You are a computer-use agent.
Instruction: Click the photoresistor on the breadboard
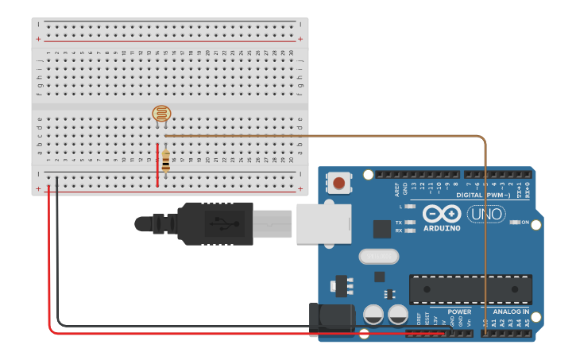pyautogui.click(x=161, y=114)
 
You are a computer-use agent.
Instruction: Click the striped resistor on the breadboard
pyautogui.click(x=165, y=161)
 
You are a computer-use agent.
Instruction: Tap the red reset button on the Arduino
pyautogui.click(x=339, y=184)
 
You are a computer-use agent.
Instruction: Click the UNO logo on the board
pyautogui.click(x=485, y=214)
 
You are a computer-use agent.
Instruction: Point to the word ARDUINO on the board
pyautogui.click(x=442, y=228)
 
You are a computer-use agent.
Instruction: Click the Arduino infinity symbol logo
pyautogui.click(x=442, y=214)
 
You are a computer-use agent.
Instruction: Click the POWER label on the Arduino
pyautogui.click(x=459, y=312)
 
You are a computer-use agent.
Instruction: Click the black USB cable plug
pyautogui.click(x=215, y=223)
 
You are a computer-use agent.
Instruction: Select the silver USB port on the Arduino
pyautogui.click(x=323, y=223)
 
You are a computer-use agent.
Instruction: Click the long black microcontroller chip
pyautogui.click(x=470, y=289)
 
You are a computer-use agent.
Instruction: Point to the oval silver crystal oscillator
pyautogui.click(x=378, y=256)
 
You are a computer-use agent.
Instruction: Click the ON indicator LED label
pyautogui.click(x=525, y=223)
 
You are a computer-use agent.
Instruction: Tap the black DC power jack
pyautogui.click(x=332, y=316)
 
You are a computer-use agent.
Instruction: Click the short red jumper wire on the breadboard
pyautogui.click(x=157, y=165)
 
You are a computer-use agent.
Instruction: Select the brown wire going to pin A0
pyautogui.click(x=485, y=238)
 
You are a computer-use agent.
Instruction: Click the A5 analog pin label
pyautogui.click(x=528, y=323)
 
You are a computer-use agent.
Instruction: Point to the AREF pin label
pyautogui.click(x=397, y=189)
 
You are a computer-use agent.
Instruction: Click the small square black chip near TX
pyautogui.click(x=382, y=229)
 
